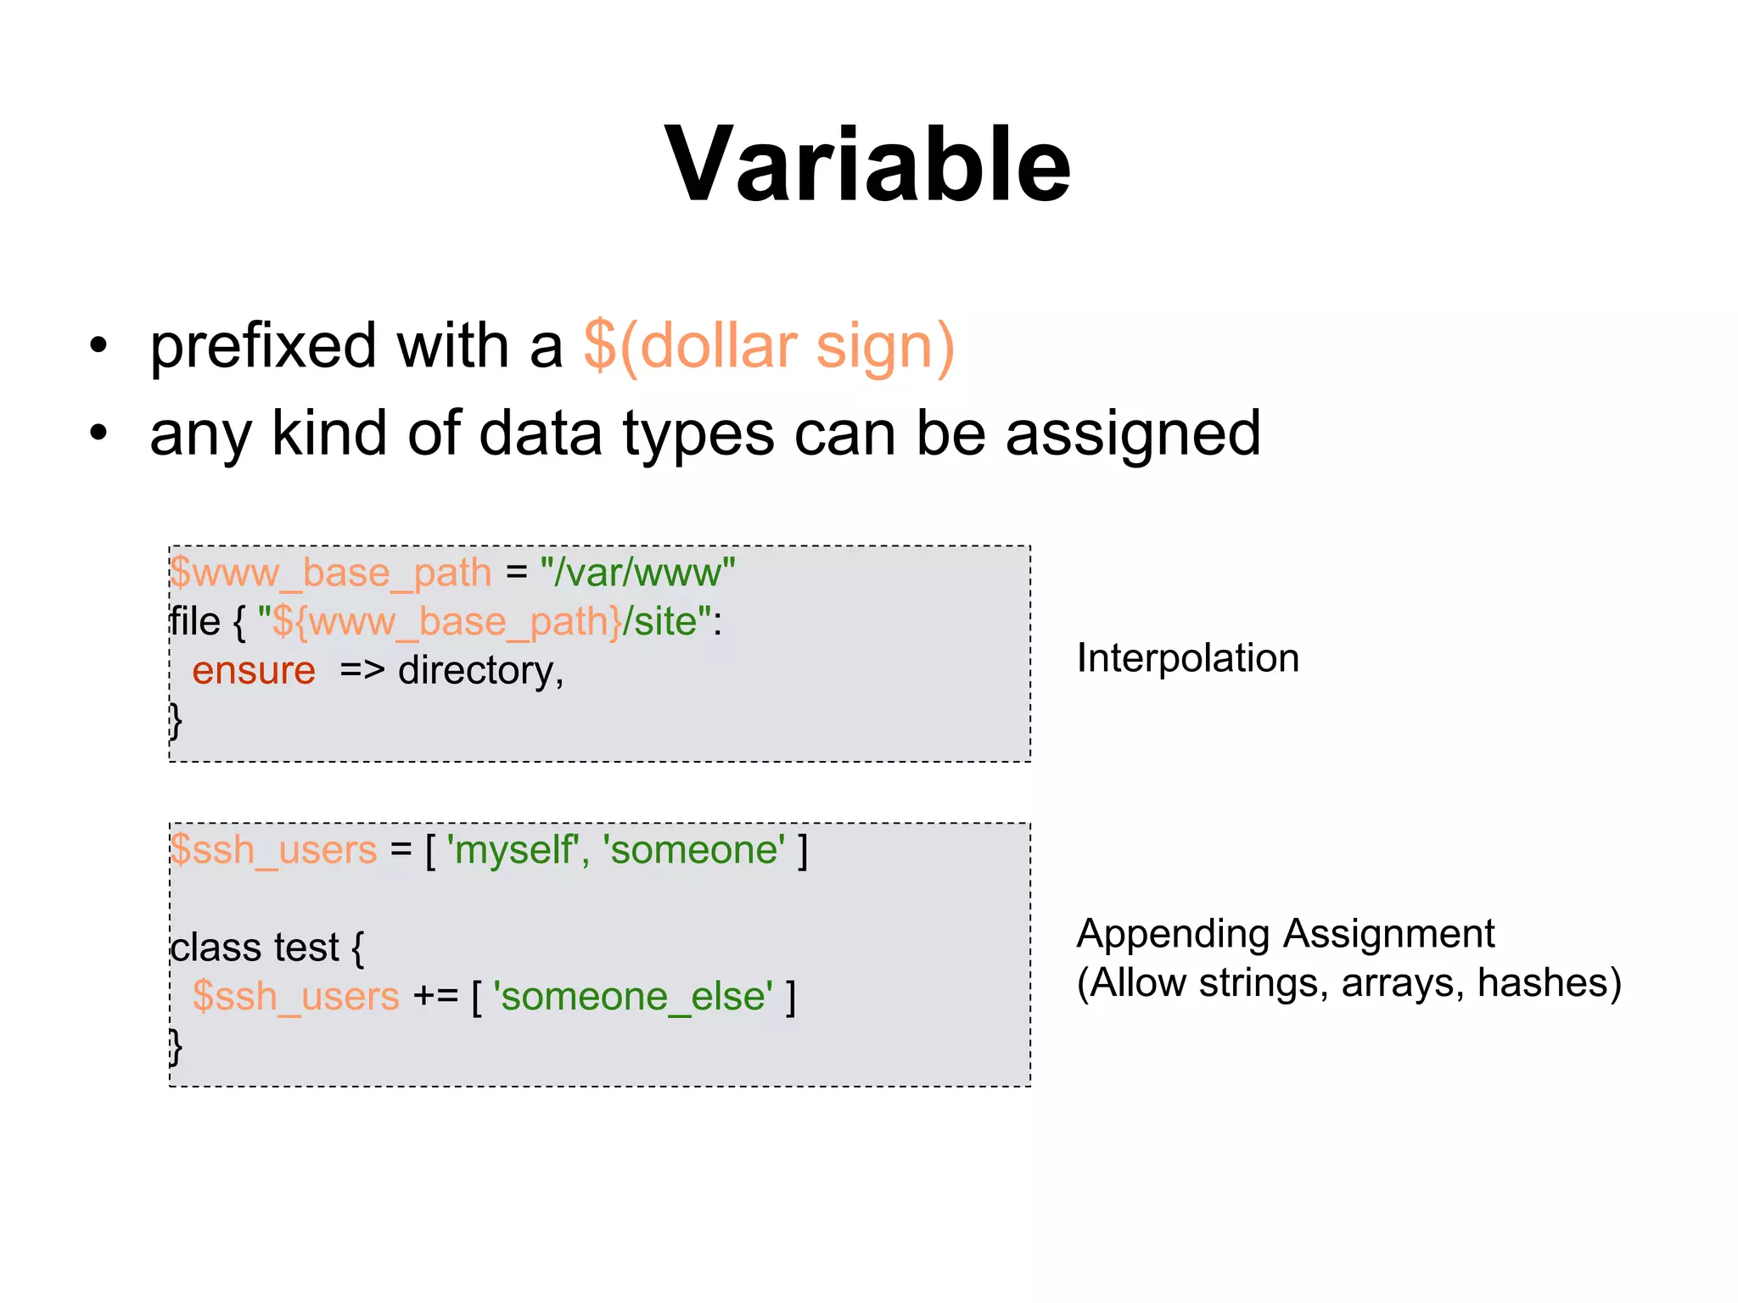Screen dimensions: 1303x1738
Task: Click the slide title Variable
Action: pyautogui.click(x=867, y=165)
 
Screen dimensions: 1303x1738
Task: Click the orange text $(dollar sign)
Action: pyautogui.click(x=769, y=346)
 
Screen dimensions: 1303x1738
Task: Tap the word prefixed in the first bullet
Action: pyautogui.click(x=263, y=346)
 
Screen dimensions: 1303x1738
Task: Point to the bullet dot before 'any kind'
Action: pyautogui.click(x=99, y=433)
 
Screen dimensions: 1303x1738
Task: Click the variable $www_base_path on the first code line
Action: pyautogui.click(x=331, y=573)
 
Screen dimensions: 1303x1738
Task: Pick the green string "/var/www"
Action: pyautogui.click(x=637, y=573)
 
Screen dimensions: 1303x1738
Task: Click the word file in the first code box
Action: pyautogui.click(x=194, y=622)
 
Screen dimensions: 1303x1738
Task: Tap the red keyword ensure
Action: pyautogui.click(x=254, y=671)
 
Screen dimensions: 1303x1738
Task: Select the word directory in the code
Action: pyautogui.click(x=476, y=671)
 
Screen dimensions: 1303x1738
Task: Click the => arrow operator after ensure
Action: pyautogui.click(x=362, y=671)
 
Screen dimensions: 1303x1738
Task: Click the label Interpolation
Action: pyautogui.click(x=1187, y=658)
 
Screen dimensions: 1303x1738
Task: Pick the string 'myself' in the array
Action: pyautogui.click(x=513, y=850)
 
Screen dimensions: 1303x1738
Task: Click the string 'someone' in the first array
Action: pyautogui.click(x=694, y=850)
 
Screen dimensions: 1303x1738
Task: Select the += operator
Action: pyautogui.click(x=435, y=997)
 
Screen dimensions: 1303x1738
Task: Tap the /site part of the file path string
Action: pyautogui.click(x=660, y=622)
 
